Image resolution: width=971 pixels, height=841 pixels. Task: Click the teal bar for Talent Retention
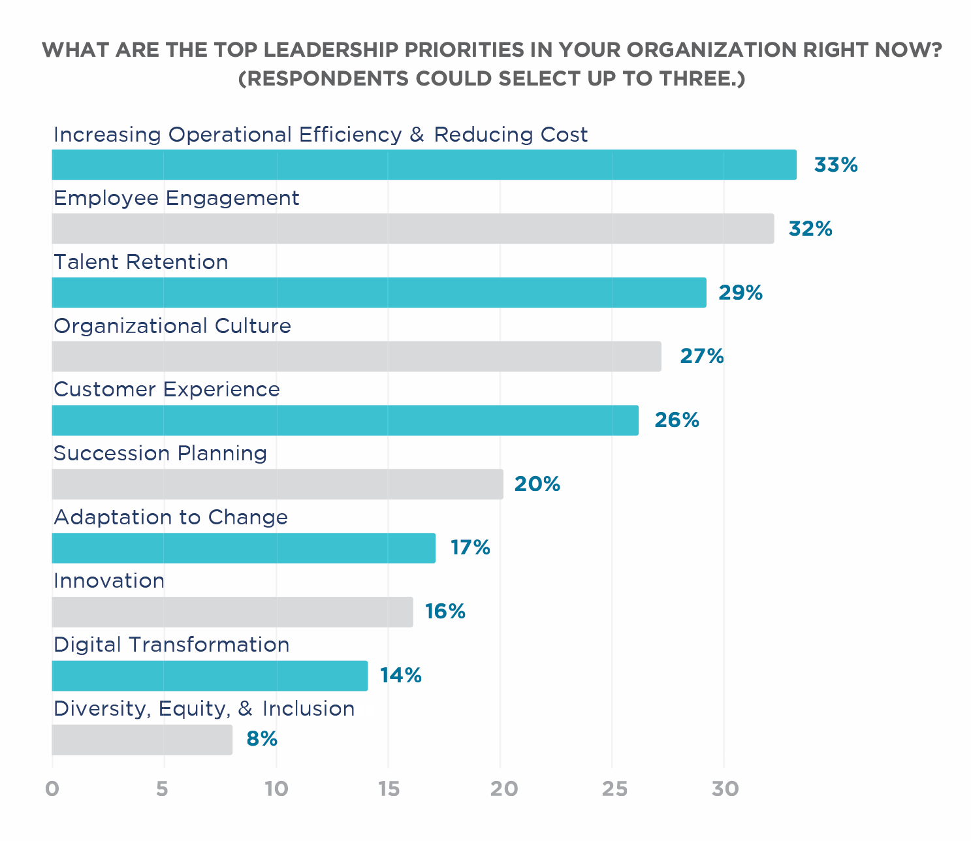[379, 293]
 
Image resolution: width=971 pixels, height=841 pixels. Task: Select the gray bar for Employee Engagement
[413, 229]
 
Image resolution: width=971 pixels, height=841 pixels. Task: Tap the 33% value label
[835, 165]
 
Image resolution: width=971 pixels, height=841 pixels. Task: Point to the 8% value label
[262, 739]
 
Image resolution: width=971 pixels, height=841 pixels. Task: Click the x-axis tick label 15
[388, 789]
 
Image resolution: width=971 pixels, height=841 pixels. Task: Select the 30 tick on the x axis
[725, 789]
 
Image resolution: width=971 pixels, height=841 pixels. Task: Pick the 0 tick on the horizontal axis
[52, 789]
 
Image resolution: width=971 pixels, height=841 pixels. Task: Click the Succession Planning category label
[160, 453]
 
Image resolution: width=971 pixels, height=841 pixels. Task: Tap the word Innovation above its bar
[109, 580]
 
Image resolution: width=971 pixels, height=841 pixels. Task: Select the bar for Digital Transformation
[210, 676]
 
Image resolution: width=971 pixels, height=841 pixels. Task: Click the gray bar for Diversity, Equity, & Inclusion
[142, 740]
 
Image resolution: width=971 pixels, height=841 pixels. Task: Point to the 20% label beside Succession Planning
[537, 484]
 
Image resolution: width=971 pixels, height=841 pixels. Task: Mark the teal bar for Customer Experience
[345, 420]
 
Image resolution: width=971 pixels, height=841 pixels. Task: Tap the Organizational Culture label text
[172, 326]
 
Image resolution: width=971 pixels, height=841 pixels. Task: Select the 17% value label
[470, 547]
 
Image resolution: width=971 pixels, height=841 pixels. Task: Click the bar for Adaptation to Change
[244, 548]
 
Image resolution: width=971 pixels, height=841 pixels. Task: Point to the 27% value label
[702, 357]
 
